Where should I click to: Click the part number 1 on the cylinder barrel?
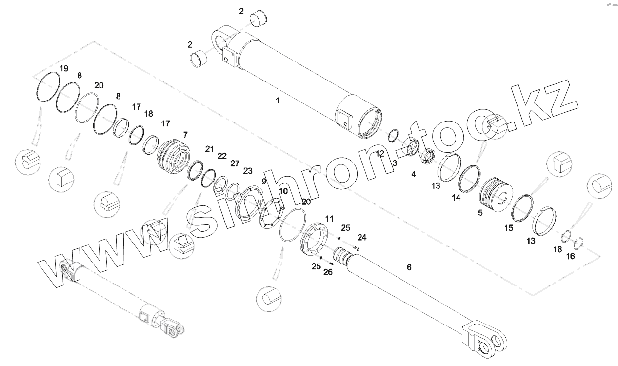click(278, 101)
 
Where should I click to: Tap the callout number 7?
click(185, 134)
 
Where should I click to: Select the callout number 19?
click(64, 68)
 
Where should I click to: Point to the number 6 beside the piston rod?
click(409, 267)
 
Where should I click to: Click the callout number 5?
click(480, 212)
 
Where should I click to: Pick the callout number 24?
click(361, 237)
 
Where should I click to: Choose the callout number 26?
click(328, 272)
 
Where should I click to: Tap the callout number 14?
click(456, 198)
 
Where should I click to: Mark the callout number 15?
click(509, 228)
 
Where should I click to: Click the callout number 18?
click(149, 114)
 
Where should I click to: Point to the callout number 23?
click(248, 171)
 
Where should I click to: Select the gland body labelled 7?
click(174, 156)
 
